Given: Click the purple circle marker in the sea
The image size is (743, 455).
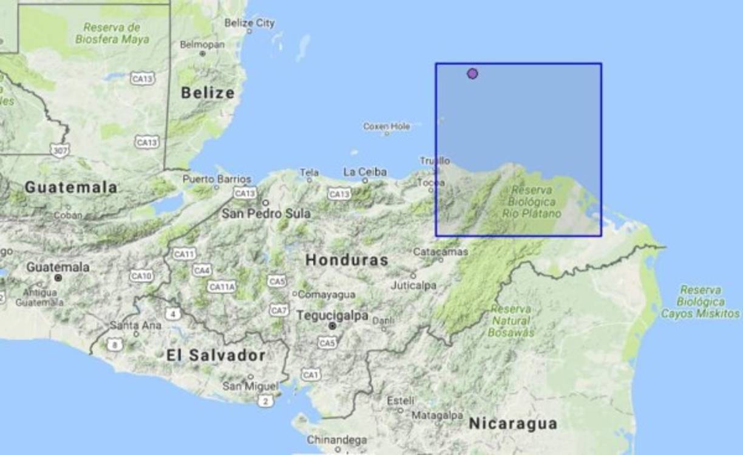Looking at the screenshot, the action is point(472,74).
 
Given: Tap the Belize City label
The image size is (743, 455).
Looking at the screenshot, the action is point(249,23).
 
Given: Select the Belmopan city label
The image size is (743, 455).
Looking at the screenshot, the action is point(202,44).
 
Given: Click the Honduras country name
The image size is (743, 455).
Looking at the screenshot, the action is point(346,260).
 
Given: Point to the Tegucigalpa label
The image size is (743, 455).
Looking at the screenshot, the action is point(333,316).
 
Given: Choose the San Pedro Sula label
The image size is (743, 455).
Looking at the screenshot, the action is point(266,213).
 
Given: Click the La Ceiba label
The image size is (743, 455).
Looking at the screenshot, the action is point(365,172).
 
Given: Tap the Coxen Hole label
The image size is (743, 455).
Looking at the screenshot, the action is point(386,126).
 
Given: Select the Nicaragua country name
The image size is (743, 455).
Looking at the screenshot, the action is point(512,423).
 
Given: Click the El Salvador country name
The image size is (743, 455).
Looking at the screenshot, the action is point(215,355).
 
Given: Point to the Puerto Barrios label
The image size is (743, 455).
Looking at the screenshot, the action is point(217,179).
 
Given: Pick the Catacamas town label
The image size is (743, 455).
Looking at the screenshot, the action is point(441,251).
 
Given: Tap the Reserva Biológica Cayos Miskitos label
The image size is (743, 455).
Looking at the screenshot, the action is point(701,302).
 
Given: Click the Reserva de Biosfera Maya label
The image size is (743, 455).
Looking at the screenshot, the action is point(112,33).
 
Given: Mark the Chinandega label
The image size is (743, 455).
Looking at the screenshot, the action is point(337,439).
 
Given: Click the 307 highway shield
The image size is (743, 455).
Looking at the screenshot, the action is point(59,149).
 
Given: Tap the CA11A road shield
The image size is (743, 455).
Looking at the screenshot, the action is point(222,286).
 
